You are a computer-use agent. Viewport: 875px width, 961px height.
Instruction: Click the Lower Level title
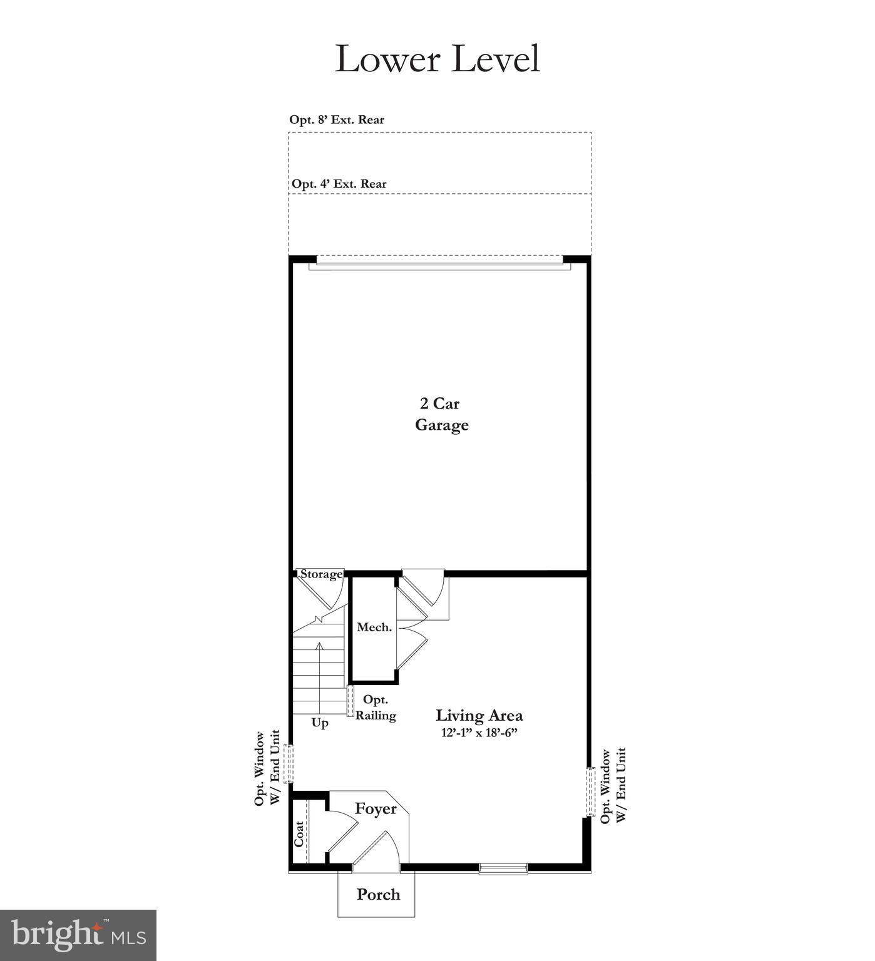[x=437, y=59]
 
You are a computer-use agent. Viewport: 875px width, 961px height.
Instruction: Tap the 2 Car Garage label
[x=442, y=414]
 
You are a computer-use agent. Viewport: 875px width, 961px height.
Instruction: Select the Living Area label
[x=479, y=715]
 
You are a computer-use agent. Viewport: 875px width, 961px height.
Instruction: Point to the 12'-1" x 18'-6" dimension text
[x=479, y=733]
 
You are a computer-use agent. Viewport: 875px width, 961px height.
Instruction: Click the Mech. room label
[x=374, y=627]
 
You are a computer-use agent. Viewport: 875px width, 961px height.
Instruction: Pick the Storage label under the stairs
[x=321, y=574]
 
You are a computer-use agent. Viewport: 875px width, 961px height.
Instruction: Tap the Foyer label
[x=376, y=809]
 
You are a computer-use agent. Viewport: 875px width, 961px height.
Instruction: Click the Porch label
[x=378, y=895]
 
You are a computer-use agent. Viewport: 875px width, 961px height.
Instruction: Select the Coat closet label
[x=299, y=834]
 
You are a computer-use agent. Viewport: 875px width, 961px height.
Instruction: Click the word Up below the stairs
[x=320, y=723]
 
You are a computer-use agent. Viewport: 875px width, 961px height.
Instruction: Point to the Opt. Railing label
[x=376, y=708]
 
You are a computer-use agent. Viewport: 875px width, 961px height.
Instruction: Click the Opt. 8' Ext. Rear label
[x=337, y=119]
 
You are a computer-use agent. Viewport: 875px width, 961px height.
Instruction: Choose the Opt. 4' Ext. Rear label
[x=339, y=184]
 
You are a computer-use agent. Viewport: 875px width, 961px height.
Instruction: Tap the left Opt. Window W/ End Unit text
[x=267, y=768]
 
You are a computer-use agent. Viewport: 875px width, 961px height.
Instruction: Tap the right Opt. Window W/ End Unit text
[x=613, y=785]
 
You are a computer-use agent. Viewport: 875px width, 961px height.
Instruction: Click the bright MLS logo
[x=78, y=935]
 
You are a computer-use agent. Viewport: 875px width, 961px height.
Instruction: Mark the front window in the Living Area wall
[x=503, y=868]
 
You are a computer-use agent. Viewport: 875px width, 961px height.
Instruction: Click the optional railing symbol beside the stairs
[x=351, y=701]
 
